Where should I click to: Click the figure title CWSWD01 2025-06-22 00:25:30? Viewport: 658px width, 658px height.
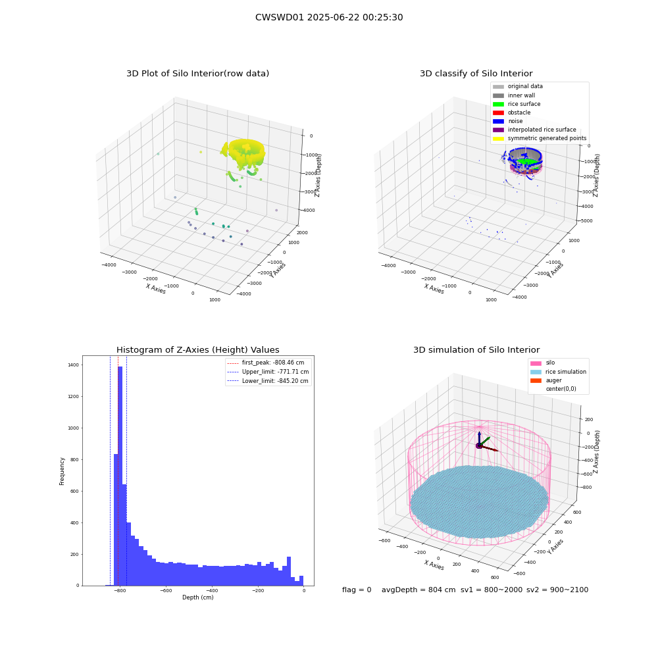coord(329,17)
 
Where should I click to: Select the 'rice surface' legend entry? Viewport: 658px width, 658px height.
coord(517,104)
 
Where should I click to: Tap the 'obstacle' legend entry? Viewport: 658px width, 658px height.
coord(511,113)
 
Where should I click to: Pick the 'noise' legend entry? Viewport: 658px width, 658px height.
coord(508,121)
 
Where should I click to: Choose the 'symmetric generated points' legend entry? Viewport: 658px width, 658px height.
coord(540,138)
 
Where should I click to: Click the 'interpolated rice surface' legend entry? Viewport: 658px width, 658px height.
coord(534,130)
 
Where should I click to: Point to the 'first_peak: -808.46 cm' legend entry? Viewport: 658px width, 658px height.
coord(266,363)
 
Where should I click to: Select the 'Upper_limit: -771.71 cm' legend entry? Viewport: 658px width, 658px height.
coord(268,372)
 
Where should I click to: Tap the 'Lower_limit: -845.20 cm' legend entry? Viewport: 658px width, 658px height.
coord(268,381)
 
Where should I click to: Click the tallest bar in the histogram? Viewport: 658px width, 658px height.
coord(120,476)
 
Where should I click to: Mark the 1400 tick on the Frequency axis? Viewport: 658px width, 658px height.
coord(74,365)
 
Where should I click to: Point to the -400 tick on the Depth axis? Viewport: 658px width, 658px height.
coord(211,590)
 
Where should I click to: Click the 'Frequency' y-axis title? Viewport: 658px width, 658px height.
coord(62,471)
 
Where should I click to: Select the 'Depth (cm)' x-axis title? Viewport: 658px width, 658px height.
coord(198,597)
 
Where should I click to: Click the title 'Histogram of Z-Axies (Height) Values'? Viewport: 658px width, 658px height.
coord(197,350)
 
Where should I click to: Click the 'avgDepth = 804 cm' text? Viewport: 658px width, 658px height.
coord(418,590)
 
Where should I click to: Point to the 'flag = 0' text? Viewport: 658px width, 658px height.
coord(357,590)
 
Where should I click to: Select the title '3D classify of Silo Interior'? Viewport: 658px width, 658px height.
coord(476,74)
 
